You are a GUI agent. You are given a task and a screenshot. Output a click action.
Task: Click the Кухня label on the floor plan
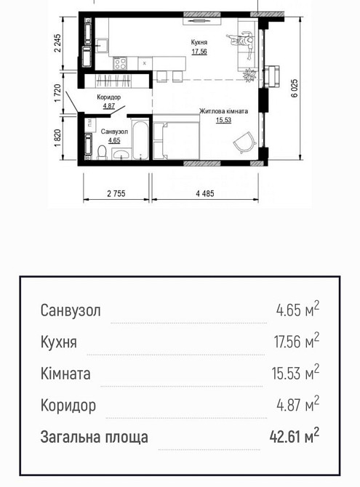(199, 43)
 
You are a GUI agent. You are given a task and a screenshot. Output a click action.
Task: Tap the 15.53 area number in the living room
(223, 121)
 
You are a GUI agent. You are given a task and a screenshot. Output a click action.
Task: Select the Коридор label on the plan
(109, 97)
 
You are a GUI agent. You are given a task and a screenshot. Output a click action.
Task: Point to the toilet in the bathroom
(102, 152)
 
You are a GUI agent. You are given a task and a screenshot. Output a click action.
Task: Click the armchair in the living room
(243, 141)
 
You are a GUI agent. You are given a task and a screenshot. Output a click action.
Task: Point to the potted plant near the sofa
(250, 73)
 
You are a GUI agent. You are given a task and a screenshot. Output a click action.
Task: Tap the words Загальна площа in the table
(94, 437)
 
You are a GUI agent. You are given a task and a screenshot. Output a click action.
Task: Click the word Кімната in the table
(66, 374)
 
